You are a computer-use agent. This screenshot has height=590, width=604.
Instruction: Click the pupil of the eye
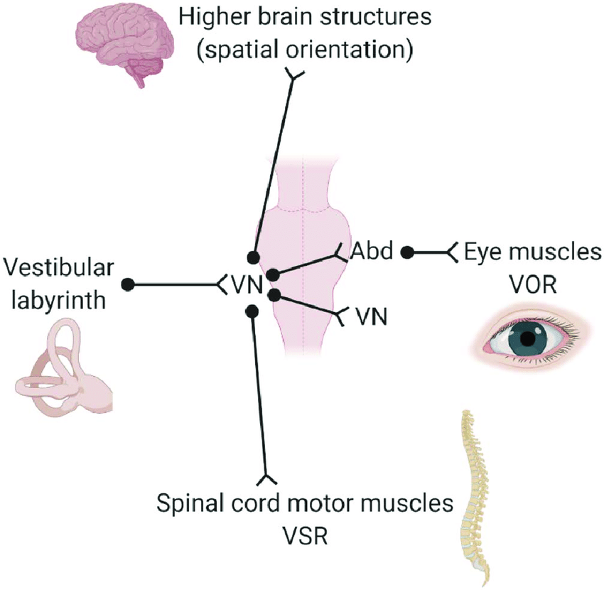527,338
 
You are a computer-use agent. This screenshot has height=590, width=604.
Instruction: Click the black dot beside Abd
407,251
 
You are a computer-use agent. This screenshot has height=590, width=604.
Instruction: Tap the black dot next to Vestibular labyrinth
128,284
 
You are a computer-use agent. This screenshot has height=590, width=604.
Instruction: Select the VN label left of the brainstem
247,285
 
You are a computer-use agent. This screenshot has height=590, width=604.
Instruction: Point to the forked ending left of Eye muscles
452,251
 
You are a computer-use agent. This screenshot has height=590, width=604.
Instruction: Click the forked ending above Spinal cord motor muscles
266,476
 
